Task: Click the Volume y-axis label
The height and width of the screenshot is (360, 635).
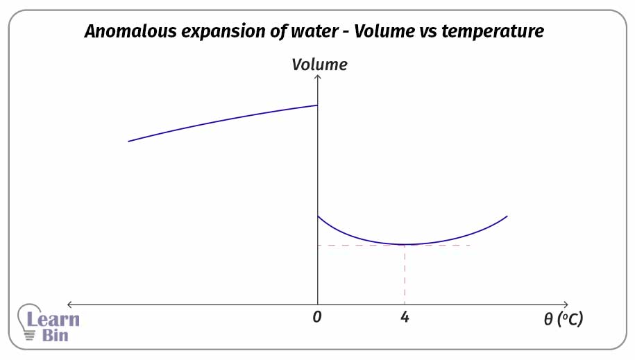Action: coord(319,65)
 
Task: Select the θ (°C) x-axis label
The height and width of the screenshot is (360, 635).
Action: coord(563,320)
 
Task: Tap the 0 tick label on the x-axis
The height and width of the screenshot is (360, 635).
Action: coord(317,318)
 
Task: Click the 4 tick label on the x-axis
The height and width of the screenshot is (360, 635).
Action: coord(405,318)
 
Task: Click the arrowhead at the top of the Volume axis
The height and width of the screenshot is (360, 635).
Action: coord(318,78)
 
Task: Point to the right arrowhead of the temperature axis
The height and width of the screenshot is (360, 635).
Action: coord(566,304)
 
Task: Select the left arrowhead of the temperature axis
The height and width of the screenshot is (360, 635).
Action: coord(69,304)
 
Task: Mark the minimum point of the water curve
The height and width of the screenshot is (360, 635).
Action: coord(405,244)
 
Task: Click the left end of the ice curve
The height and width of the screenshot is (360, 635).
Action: coord(129,141)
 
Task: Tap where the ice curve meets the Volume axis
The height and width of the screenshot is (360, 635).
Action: coord(317,105)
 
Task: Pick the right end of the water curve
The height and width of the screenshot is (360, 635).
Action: coord(507,216)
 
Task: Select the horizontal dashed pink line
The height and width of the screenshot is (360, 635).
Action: coord(361,245)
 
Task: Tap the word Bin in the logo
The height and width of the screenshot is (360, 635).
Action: coord(55,335)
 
